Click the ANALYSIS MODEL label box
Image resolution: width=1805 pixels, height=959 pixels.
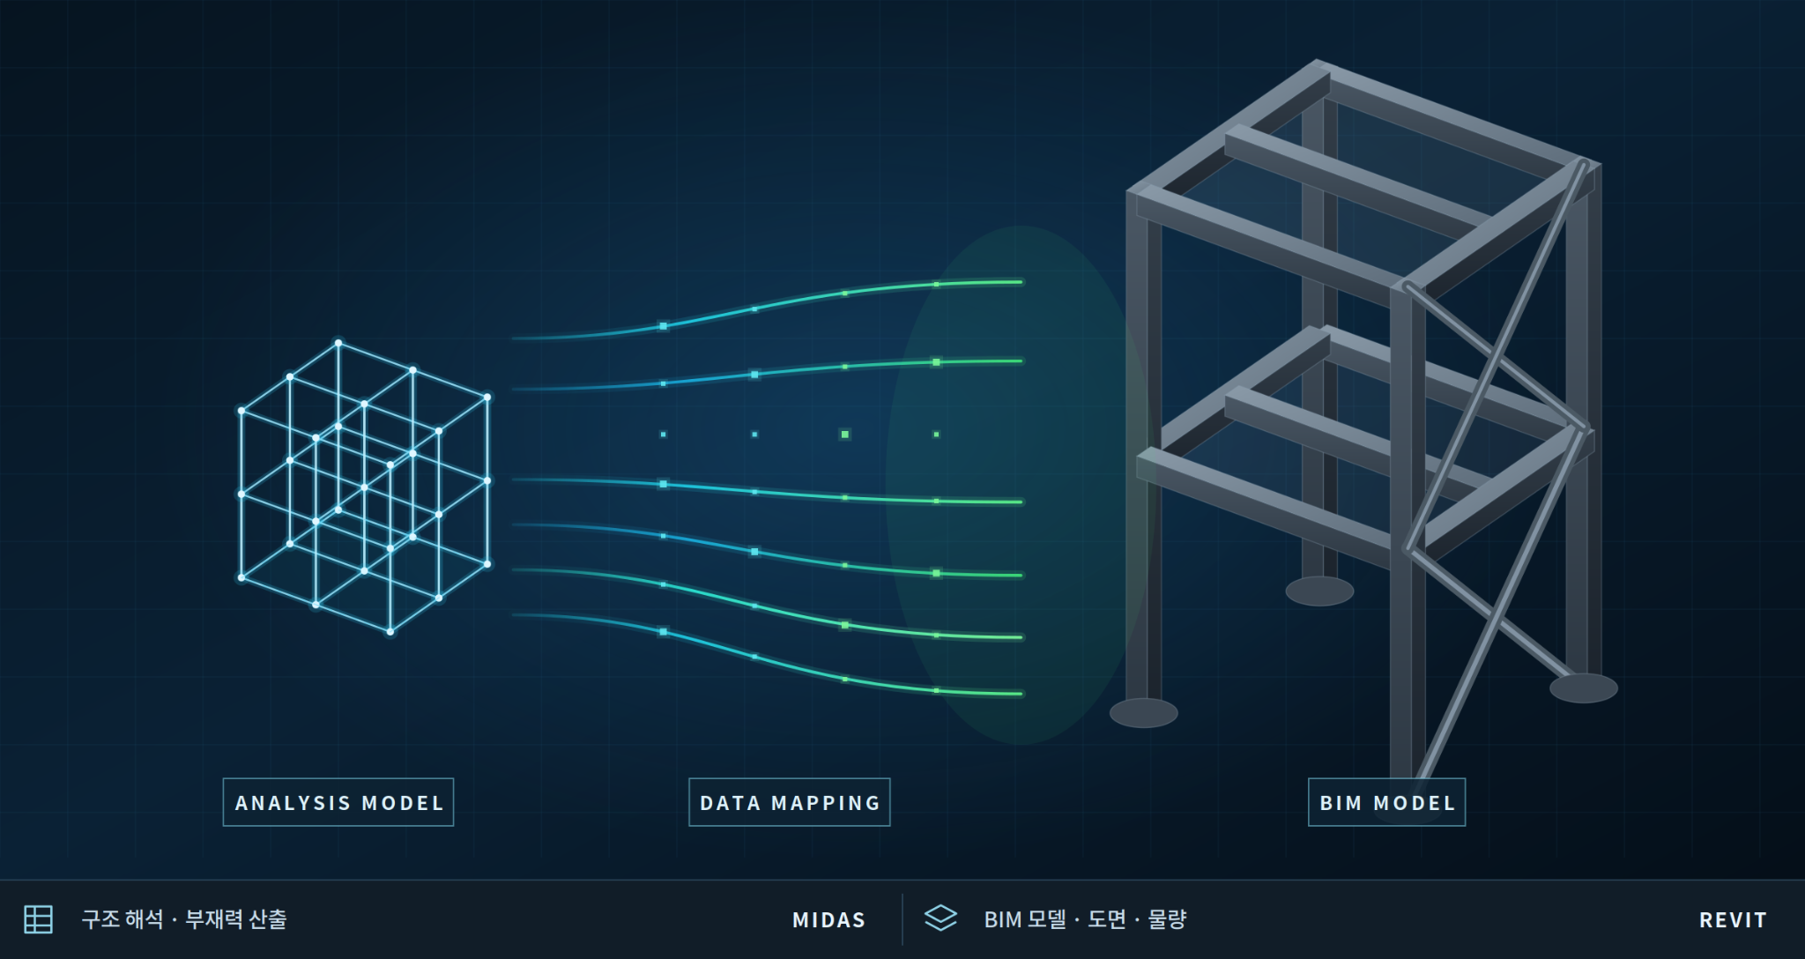(x=338, y=802)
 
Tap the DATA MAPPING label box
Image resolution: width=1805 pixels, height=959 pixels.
(x=790, y=802)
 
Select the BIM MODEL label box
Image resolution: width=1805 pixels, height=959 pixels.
(x=1386, y=802)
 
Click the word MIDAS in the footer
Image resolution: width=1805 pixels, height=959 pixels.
(x=828, y=920)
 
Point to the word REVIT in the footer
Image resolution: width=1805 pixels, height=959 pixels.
(x=1733, y=920)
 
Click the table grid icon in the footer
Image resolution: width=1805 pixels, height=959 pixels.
(x=38, y=919)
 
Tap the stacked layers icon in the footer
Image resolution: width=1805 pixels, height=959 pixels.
(x=940, y=918)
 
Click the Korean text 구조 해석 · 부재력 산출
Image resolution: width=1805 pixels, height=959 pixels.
(x=184, y=919)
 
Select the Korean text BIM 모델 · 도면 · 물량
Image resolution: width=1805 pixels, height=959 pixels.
(x=1085, y=919)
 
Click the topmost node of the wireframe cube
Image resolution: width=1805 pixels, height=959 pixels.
(x=338, y=343)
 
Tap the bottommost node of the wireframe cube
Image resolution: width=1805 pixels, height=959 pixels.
(x=390, y=631)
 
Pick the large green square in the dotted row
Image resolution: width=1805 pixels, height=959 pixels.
(x=845, y=435)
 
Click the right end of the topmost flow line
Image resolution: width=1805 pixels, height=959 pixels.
(x=1021, y=282)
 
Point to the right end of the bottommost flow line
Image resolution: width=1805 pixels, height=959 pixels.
(x=1021, y=694)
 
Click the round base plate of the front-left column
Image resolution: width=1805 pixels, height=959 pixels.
(x=1143, y=713)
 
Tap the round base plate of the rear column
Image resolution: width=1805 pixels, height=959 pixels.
(x=1319, y=591)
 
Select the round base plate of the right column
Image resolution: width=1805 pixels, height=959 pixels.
(x=1583, y=688)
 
